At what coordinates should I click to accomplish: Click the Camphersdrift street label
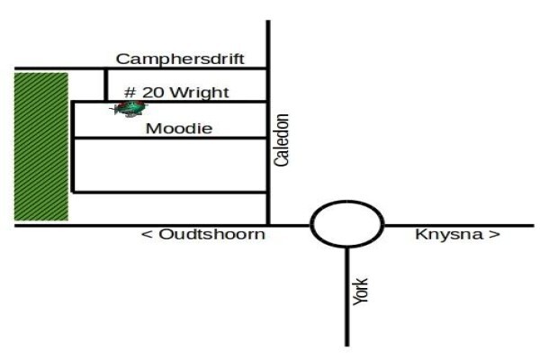coord(180,58)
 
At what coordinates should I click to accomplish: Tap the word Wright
coord(200,93)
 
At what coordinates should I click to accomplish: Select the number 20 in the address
coord(154,93)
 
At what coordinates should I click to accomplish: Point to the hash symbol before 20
coord(130,93)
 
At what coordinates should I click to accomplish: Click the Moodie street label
coord(179,129)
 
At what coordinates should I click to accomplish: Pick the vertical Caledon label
coord(282,139)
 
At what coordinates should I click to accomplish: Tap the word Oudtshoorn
coord(212,235)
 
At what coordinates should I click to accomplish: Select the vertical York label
coord(361,292)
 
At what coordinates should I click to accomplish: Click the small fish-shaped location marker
coord(130,109)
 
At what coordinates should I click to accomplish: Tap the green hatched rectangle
coord(41,147)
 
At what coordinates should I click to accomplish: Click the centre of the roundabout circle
coord(347,224)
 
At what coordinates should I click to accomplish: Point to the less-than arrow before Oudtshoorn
coord(147,235)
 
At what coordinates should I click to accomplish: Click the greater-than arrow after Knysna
coord(494,235)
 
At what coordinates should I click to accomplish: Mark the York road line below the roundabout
coord(347,297)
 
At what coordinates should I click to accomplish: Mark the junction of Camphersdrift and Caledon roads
coord(268,68)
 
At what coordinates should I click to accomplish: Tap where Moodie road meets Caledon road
coord(268,138)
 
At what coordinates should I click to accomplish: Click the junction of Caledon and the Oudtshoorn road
coord(268,226)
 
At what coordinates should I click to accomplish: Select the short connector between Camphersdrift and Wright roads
coord(105,85)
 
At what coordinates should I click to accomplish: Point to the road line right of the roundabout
coord(459,226)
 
